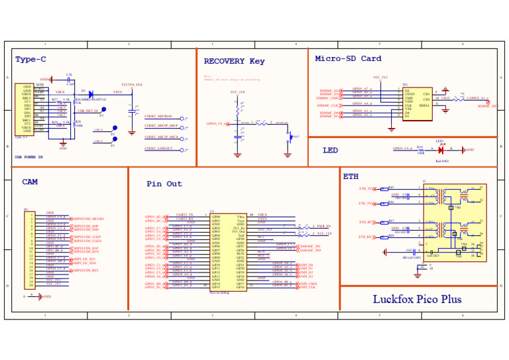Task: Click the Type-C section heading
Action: (x=30, y=60)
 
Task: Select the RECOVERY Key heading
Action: (x=234, y=61)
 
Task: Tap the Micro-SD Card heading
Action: (x=348, y=58)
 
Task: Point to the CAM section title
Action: (x=30, y=182)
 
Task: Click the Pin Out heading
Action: (x=164, y=184)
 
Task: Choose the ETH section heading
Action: (x=351, y=177)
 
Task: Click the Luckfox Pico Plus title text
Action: (x=417, y=299)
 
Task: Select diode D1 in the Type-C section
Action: (x=91, y=95)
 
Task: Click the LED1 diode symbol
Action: (x=441, y=150)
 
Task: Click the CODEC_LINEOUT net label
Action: (x=159, y=149)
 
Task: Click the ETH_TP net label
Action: (x=366, y=189)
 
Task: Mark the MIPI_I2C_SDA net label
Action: (x=84, y=263)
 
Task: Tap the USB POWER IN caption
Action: (x=28, y=157)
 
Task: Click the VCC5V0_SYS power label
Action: (x=131, y=85)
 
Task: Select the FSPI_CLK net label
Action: (x=307, y=287)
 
